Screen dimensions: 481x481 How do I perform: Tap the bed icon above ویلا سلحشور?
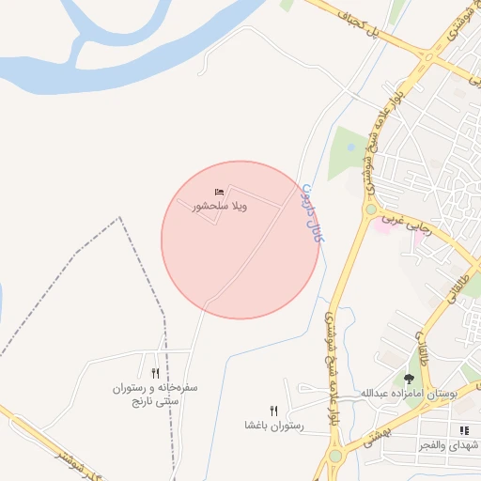[x=219, y=192]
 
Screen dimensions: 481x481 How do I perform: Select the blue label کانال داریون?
[x=312, y=213]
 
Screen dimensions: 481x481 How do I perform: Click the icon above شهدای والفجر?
[x=463, y=429]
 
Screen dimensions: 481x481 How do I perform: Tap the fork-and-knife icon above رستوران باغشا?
[x=273, y=410]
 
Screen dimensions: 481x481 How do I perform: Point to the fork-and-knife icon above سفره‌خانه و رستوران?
[x=154, y=373]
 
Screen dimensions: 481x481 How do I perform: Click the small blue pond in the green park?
[x=350, y=147]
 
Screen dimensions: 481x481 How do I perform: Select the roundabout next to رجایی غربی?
[x=371, y=209]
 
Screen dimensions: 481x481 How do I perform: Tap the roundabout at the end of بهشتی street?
[x=335, y=457]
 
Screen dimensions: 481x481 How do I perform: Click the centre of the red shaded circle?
[x=240, y=240]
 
